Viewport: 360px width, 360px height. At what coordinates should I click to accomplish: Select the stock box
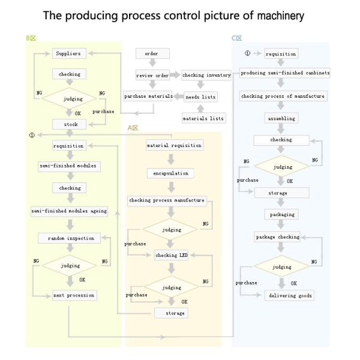pos(70,124)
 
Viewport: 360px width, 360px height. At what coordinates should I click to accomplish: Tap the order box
pos(152,54)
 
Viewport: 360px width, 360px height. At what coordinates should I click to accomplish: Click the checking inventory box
pos(206,75)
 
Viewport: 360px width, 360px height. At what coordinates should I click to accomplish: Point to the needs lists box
pos(200,97)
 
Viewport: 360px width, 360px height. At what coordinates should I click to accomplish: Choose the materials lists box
pos(203,118)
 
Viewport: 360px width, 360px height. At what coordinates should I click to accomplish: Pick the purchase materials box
pos(148,96)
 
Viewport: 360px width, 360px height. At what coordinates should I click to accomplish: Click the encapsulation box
pos(171,173)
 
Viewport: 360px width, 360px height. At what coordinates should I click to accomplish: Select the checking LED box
pos(172,255)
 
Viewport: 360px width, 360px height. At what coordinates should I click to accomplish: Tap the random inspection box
pos(71,238)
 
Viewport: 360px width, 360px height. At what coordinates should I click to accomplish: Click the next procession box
pos(74,295)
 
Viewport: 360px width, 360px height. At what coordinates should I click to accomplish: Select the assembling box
pos(281,119)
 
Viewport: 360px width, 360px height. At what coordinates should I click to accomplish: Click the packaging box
pos(281,214)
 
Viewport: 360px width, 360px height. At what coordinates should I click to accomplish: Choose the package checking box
pos(277,237)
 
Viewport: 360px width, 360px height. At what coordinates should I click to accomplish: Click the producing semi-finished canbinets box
pos(285,73)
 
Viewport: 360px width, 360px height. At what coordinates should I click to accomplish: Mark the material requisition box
pos(175,145)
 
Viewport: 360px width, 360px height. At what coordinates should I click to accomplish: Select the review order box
pos(152,75)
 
